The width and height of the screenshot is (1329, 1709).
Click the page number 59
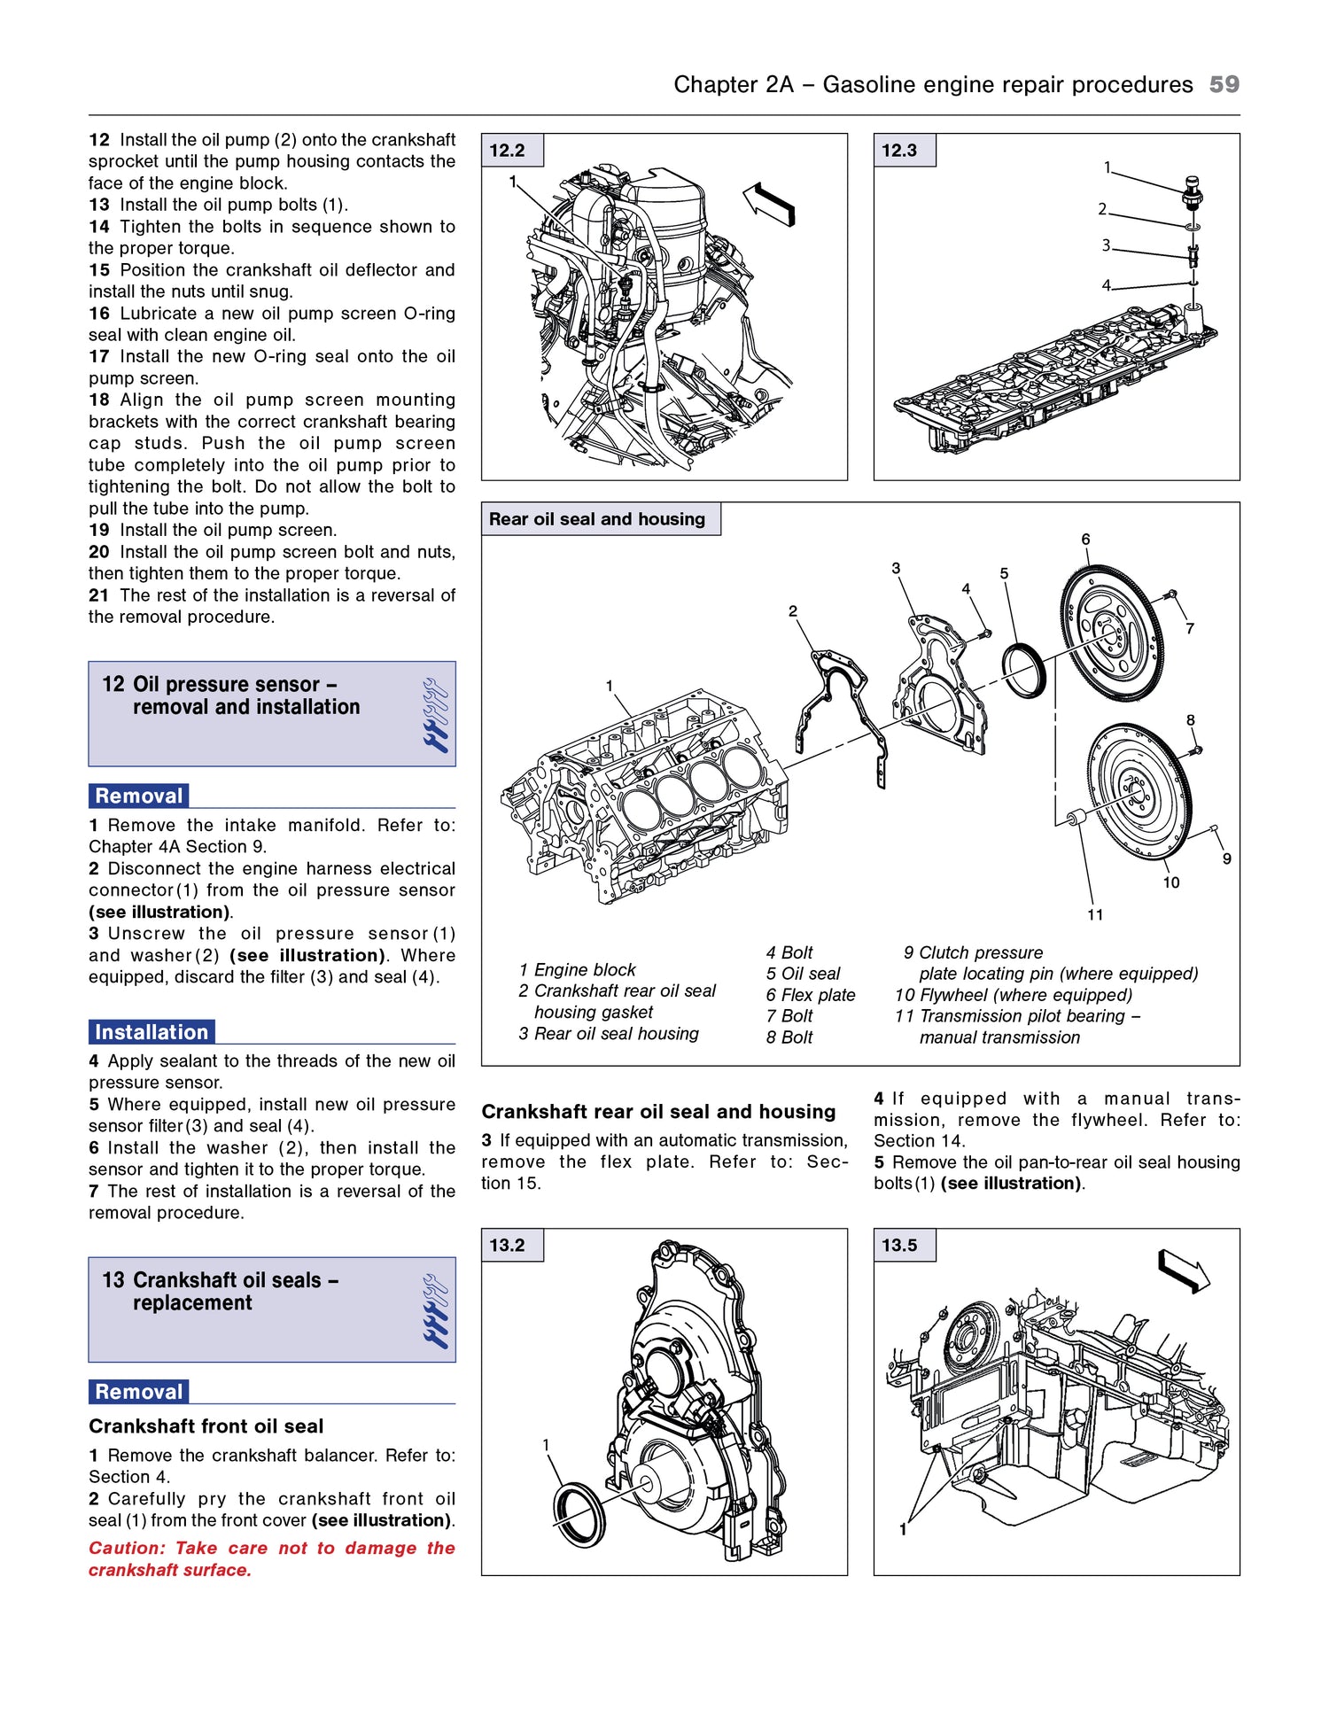pyautogui.click(x=1224, y=84)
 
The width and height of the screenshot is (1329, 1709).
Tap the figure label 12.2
pyautogui.click(x=508, y=151)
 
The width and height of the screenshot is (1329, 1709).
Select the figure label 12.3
pyautogui.click(x=899, y=151)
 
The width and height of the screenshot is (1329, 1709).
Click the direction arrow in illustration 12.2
pyautogui.click(x=768, y=203)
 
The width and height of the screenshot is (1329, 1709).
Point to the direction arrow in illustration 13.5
pyautogui.click(x=1184, y=1270)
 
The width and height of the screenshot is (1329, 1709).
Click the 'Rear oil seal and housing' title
pyautogui.click(x=597, y=519)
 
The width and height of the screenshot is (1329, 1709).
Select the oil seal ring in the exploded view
pyautogui.click(x=1024, y=672)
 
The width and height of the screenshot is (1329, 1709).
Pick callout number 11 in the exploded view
pyautogui.click(x=1095, y=914)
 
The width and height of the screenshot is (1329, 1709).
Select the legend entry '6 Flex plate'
pyautogui.click(x=811, y=995)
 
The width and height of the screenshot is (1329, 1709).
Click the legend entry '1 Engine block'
pyautogui.click(x=578, y=969)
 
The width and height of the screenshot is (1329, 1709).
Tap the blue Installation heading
pyautogui.click(x=152, y=1032)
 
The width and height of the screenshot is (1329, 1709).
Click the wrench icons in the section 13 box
pyautogui.click(x=435, y=1309)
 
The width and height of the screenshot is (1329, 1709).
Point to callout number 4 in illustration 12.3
pyautogui.click(x=1106, y=285)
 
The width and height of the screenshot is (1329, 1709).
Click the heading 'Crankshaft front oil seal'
pyautogui.click(x=206, y=1426)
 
